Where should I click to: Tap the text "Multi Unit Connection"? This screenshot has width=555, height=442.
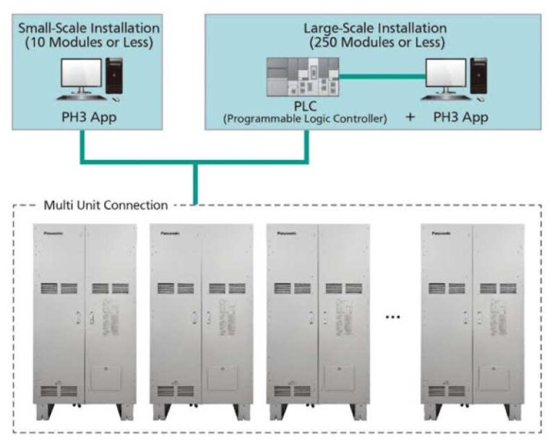(x=106, y=205)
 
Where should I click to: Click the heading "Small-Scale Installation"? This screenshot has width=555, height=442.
(x=89, y=28)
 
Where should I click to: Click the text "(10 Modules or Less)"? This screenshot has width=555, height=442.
(x=89, y=42)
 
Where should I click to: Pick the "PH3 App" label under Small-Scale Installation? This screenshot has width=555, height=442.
(x=89, y=115)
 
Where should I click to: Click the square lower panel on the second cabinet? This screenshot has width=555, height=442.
(x=222, y=379)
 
